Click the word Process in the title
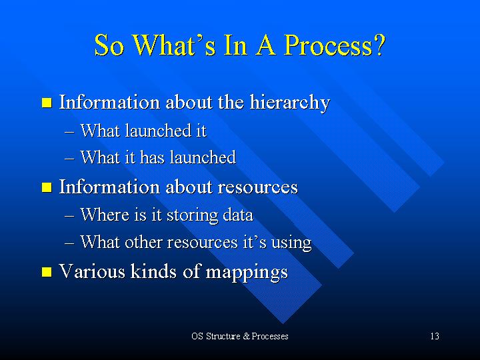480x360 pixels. [329, 45]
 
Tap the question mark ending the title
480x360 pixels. [379, 45]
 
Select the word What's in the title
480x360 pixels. [175, 45]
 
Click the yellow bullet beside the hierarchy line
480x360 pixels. [47, 103]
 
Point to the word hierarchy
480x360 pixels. [289, 103]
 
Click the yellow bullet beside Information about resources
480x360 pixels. [47, 187]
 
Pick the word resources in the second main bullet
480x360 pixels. [257, 187]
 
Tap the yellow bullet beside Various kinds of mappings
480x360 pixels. [47, 271]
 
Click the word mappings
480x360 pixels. [247, 273]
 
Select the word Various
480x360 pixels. [92, 271]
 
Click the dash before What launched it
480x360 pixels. [69, 132]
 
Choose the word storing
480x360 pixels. [192, 215]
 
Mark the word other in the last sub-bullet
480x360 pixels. [143, 242]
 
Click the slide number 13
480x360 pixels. [435, 336]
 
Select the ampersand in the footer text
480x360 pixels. [247, 336]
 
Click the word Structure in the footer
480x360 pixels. [223, 336]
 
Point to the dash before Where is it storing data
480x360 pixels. [69, 216]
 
